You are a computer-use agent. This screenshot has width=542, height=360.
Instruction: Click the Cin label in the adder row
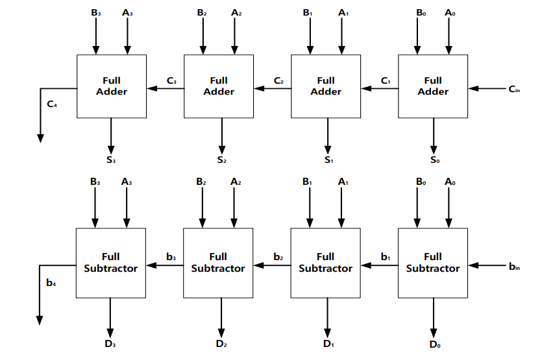click(x=514, y=89)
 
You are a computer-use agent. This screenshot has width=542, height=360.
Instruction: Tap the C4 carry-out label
click(x=52, y=104)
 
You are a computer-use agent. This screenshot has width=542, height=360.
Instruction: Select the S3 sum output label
click(x=111, y=160)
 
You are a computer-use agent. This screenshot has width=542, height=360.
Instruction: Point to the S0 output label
click(x=435, y=160)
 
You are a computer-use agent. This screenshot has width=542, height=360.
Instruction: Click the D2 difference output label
click(x=221, y=343)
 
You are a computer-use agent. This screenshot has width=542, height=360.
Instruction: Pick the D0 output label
click(x=435, y=344)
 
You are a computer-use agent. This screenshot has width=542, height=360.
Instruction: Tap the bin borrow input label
click(x=514, y=267)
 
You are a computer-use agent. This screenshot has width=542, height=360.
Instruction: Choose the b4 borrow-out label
click(x=51, y=283)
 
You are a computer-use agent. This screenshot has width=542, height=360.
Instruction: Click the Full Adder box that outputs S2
click(x=219, y=86)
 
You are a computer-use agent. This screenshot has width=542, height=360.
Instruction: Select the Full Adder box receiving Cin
click(x=433, y=86)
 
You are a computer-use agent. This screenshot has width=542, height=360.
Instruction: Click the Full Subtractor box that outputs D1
click(x=326, y=263)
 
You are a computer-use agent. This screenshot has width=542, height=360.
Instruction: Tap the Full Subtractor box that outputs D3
click(x=111, y=263)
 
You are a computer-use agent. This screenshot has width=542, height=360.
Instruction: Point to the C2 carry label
click(x=278, y=81)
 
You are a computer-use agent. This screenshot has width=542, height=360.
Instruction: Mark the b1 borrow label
click(x=386, y=257)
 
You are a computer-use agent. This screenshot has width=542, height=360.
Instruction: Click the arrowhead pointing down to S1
click(x=328, y=150)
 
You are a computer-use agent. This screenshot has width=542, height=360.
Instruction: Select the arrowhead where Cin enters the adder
click(x=473, y=88)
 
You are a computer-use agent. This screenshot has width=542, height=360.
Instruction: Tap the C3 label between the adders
click(x=171, y=81)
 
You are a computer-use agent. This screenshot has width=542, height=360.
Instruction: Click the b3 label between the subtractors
click(x=171, y=257)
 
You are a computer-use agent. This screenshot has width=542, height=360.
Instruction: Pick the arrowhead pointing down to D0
click(x=434, y=333)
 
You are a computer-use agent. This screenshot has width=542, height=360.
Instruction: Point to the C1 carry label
click(x=386, y=81)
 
